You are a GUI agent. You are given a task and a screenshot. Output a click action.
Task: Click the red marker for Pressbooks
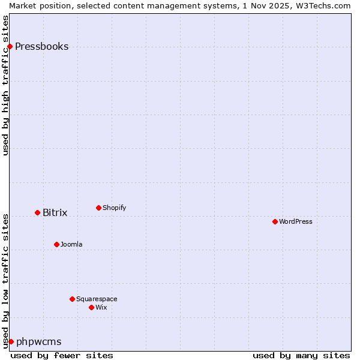coord(10,47)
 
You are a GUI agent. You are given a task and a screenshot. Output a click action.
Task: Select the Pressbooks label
coord(41,47)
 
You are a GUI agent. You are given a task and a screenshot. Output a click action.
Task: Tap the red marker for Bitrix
coord(37,213)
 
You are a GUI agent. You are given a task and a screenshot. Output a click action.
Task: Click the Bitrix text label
coord(55,213)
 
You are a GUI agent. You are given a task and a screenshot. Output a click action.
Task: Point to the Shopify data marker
coord(98,208)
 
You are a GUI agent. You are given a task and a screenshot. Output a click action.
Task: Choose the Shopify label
coord(114,208)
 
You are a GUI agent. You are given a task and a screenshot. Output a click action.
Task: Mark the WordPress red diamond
coord(275,222)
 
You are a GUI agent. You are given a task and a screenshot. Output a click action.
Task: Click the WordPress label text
coord(295,222)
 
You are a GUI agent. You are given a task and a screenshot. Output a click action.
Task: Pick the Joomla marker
coord(56,245)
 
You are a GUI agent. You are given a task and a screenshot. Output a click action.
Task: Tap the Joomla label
coord(71,245)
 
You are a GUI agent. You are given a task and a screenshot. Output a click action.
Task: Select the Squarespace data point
coord(72,299)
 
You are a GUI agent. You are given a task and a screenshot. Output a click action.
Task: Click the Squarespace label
coord(97,299)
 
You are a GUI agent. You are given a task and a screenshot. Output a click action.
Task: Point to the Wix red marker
coord(91,308)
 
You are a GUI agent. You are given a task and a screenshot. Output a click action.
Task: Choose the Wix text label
coord(101,308)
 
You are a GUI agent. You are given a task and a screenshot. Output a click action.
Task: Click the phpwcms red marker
coord(11,342)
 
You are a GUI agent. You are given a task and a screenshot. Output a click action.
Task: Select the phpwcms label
coord(38,342)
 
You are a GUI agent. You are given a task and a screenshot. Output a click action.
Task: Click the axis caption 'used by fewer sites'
coord(62,356)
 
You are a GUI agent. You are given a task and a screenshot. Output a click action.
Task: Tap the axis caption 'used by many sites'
coord(301,356)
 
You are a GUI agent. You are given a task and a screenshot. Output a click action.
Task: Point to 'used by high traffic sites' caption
coord(6,85)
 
